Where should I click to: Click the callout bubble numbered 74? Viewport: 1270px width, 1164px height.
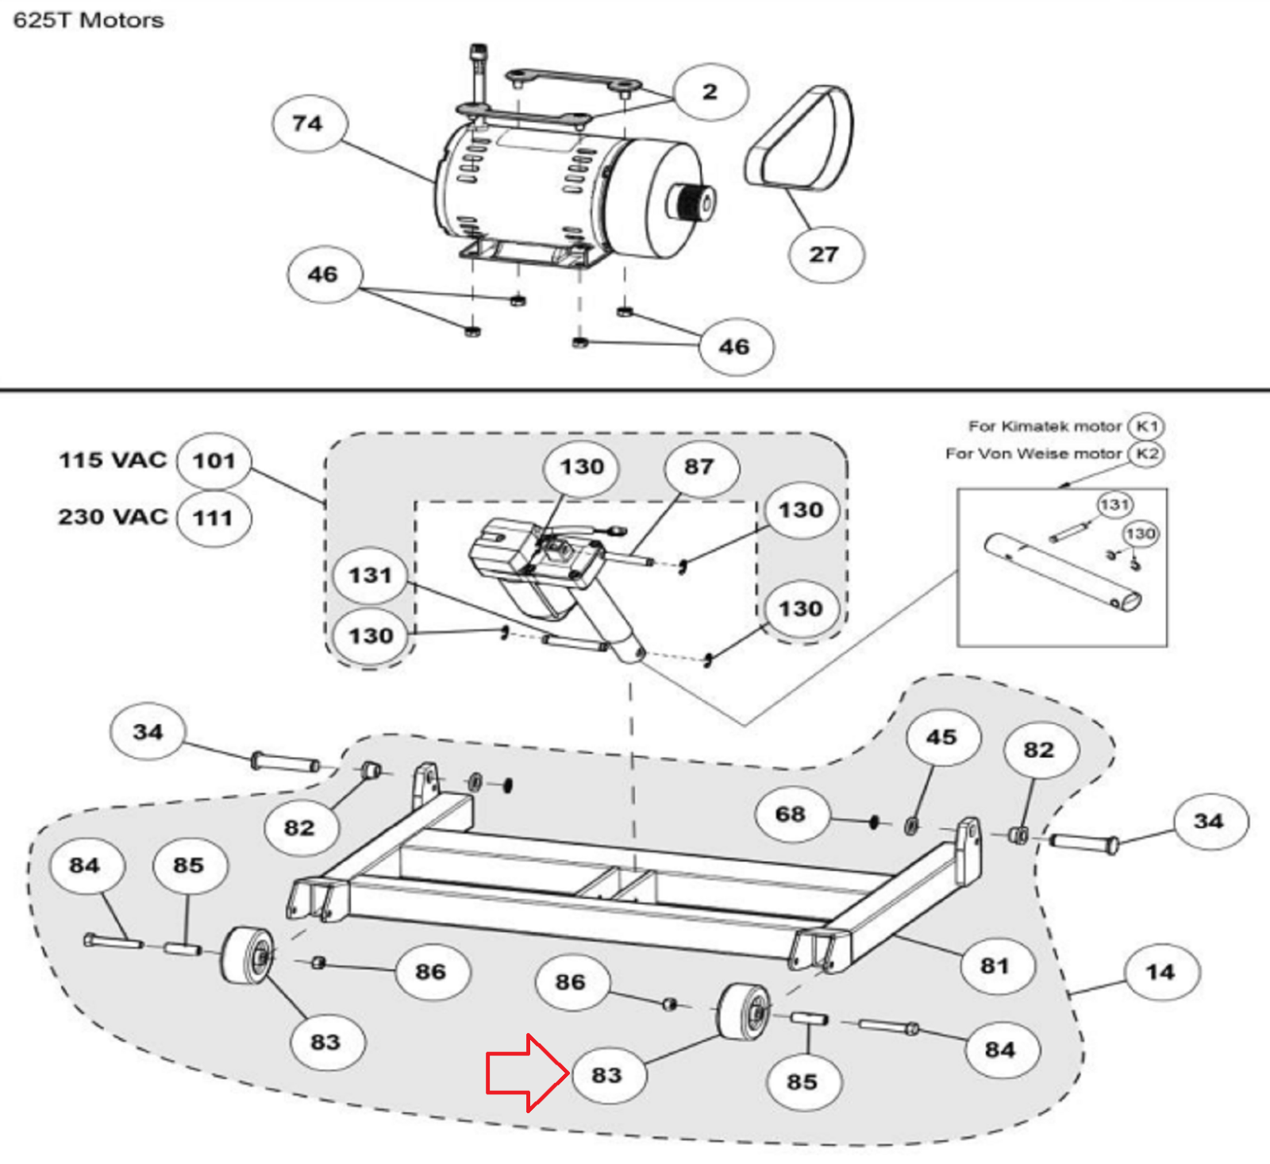(309, 124)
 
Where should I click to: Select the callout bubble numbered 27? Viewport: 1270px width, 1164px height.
(825, 254)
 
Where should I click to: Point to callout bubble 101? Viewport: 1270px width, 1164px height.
(214, 461)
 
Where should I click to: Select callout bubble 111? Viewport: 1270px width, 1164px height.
(214, 518)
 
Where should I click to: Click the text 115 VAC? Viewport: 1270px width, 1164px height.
(113, 460)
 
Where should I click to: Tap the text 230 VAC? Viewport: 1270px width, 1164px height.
(113, 517)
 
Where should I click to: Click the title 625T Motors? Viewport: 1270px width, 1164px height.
(88, 20)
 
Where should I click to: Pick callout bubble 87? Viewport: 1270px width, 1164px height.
(700, 467)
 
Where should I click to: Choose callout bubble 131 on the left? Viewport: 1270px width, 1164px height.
(371, 575)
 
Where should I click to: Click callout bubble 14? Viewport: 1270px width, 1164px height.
(1160, 972)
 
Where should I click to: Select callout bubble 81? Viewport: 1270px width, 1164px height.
(995, 966)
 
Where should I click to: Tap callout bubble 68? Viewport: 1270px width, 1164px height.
(791, 814)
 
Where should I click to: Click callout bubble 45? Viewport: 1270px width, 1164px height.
(942, 738)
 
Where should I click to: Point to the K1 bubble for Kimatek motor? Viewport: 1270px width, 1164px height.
(1146, 426)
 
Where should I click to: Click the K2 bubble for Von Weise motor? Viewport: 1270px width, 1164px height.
(1146, 453)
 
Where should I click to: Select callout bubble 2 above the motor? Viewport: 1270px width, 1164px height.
(710, 92)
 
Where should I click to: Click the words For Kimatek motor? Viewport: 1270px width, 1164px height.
(1045, 426)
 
